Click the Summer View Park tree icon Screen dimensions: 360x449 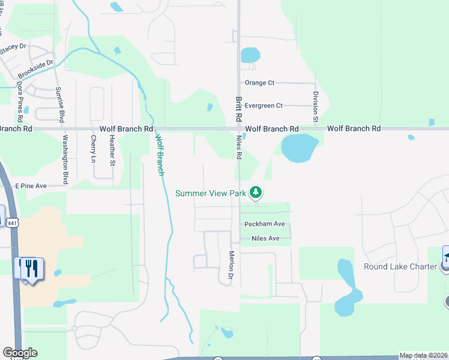pyautogui.click(x=256, y=193)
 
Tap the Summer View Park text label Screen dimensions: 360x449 pyautogui.click(x=211, y=193)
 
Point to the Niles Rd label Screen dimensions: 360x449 pyautogui.click(x=239, y=146)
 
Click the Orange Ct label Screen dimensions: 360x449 pyautogui.click(x=259, y=83)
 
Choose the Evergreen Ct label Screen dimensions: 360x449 pyautogui.click(x=263, y=106)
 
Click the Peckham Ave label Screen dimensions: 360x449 pyautogui.click(x=264, y=224)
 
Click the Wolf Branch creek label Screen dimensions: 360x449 pyautogui.click(x=160, y=154)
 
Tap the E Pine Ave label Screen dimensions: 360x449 pyautogui.click(x=31, y=186)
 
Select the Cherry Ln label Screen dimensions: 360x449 pyautogui.click(x=93, y=149)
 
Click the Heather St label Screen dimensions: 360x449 pyautogui.click(x=112, y=150)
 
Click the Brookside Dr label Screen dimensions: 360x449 pyautogui.click(x=35, y=70)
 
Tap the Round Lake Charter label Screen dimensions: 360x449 pyautogui.click(x=400, y=266)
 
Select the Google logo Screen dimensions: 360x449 pyautogui.click(x=20, y=353)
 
